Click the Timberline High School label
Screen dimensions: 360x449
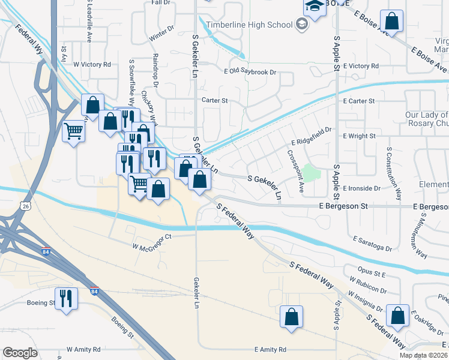[249, 25]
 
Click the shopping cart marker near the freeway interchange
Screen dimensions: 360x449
[73, 130]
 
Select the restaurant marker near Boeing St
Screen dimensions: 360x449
[65, 298]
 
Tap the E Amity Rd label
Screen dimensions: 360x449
[270, 349]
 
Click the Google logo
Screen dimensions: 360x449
[20, 353]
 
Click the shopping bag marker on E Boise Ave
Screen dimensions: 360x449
[391, 22]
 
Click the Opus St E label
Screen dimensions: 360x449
[370, 273]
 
